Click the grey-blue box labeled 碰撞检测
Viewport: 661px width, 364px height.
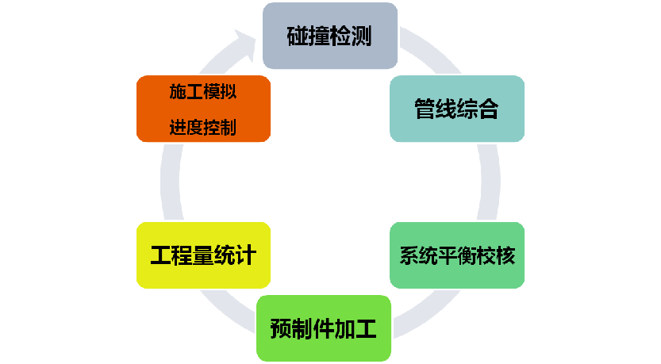(329, 36)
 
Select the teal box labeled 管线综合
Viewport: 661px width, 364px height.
(456, 109)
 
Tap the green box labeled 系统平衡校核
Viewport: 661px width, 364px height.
(457, 255)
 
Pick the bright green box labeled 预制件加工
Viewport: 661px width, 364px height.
(324, 328)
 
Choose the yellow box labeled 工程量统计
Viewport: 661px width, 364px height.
(203, 255)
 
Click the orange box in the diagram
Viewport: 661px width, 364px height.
(203, 109)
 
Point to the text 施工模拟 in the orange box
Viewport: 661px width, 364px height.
(203, 91)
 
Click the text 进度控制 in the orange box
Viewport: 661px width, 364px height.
(203, 128)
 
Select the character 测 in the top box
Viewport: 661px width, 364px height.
(361, 36)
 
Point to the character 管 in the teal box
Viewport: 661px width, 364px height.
(425, 109)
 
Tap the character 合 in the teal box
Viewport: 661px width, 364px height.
(488, 109)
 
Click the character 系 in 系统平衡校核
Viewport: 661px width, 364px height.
(408, 256)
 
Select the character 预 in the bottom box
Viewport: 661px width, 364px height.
(281, 328)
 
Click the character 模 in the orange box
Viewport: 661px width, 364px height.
(212, 91)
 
